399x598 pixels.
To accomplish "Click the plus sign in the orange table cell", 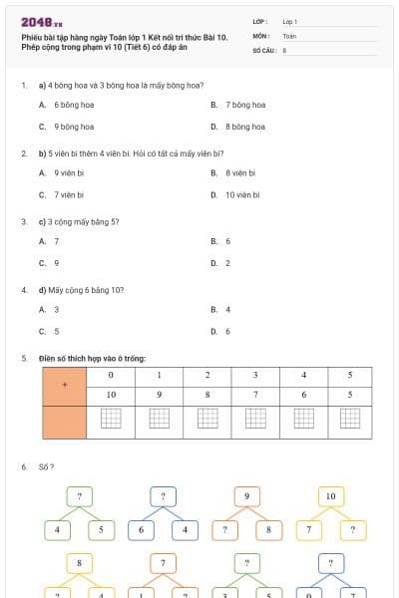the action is point(65,385).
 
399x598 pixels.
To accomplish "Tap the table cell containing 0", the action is point(111,376).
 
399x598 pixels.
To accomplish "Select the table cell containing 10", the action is point(111,395).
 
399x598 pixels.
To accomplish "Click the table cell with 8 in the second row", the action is point(207,395).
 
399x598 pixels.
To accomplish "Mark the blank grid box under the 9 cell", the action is point(159,419).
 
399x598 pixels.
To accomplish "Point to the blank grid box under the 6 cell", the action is point(302,419).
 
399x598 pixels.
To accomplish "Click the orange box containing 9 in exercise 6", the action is point(246,495).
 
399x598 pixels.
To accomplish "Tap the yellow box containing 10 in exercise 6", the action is point(330,495).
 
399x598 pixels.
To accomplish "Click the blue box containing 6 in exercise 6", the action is point(142,529).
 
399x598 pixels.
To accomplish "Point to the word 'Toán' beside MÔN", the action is point(289,35).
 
